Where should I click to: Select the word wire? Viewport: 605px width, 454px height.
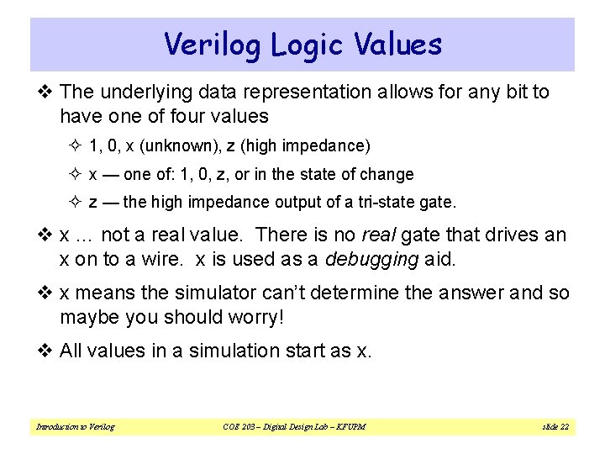tap(158, 259)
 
